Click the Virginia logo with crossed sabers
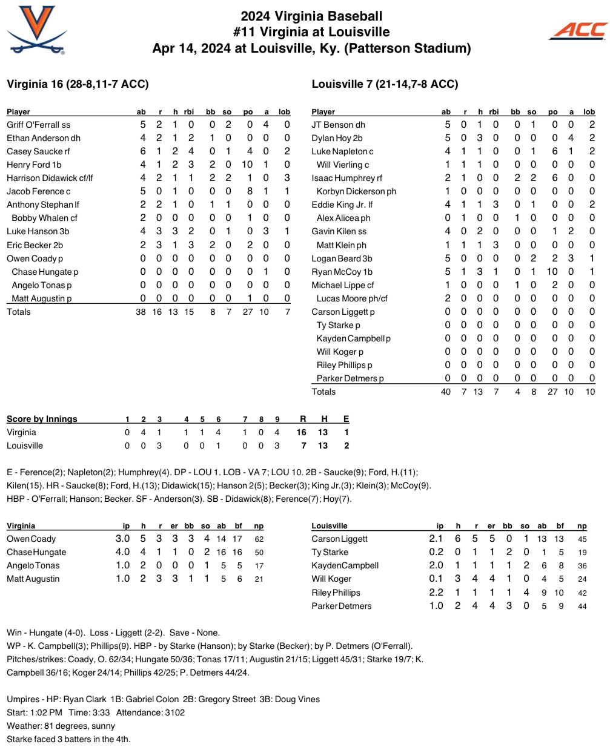click(37, 30)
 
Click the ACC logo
click(579, 30)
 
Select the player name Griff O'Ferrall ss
click(38, 125)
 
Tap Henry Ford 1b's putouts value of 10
click(247, 165)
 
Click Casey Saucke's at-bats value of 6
click(143, 151)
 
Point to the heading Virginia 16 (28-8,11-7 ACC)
click(78, 84)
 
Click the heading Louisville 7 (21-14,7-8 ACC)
click(385, 84)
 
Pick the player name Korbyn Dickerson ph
click(356, 191)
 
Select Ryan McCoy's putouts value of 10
click(552, 272)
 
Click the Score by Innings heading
click(42, 419)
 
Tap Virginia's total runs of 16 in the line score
click(302, 432)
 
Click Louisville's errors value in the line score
click(346, 446)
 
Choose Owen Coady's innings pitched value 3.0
click(122, 539)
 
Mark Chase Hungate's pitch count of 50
click(259, 552)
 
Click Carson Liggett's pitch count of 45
click(582, 539)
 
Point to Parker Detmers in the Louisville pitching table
click(342, 606)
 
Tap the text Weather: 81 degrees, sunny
click(61, 726)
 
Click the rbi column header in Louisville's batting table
click(494, 112)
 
